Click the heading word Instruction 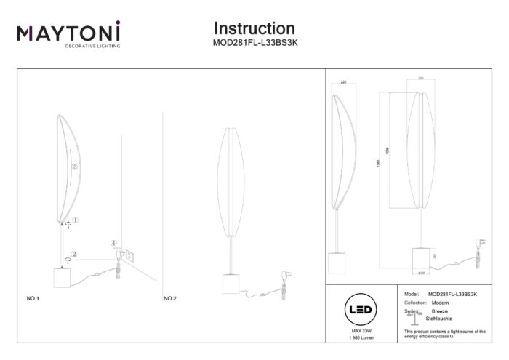(x=254, y=28)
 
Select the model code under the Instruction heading (x=254, y=43)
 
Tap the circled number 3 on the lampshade (x=75, y=167)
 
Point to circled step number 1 (x=76, y=219)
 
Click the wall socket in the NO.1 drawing (x=127, y=254)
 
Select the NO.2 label (x=170, y=299)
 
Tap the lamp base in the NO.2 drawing (x=233, y=284)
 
